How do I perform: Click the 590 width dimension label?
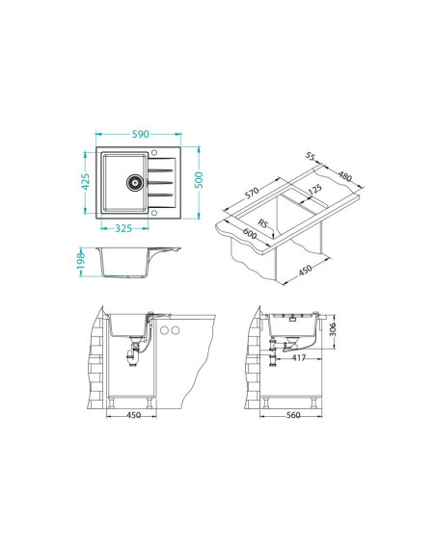140,134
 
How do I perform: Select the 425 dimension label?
86,182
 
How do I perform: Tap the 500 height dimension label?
199,180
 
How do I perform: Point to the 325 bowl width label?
123,228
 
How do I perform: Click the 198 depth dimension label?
81,261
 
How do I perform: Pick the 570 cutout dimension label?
252,193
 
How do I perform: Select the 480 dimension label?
344,176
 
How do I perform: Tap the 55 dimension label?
310,156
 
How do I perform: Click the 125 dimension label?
315,189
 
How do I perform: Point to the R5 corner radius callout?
262,222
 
